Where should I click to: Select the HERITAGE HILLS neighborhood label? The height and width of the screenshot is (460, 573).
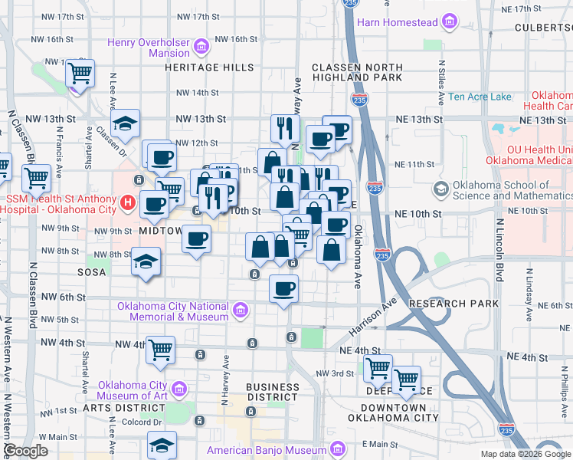[209, 67]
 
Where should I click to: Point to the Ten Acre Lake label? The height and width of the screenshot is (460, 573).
[480, 97]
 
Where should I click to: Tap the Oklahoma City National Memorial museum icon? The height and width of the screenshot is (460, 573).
[241, 310]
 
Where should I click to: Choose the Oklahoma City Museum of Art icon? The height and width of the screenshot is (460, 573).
[180, 390]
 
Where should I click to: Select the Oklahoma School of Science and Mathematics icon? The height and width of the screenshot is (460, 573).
[440, 189]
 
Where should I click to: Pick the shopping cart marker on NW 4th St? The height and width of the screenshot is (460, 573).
[161, 350]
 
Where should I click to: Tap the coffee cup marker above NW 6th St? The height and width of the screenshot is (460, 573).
[284, 289]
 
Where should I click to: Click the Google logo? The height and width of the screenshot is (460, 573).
[25, 451]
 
